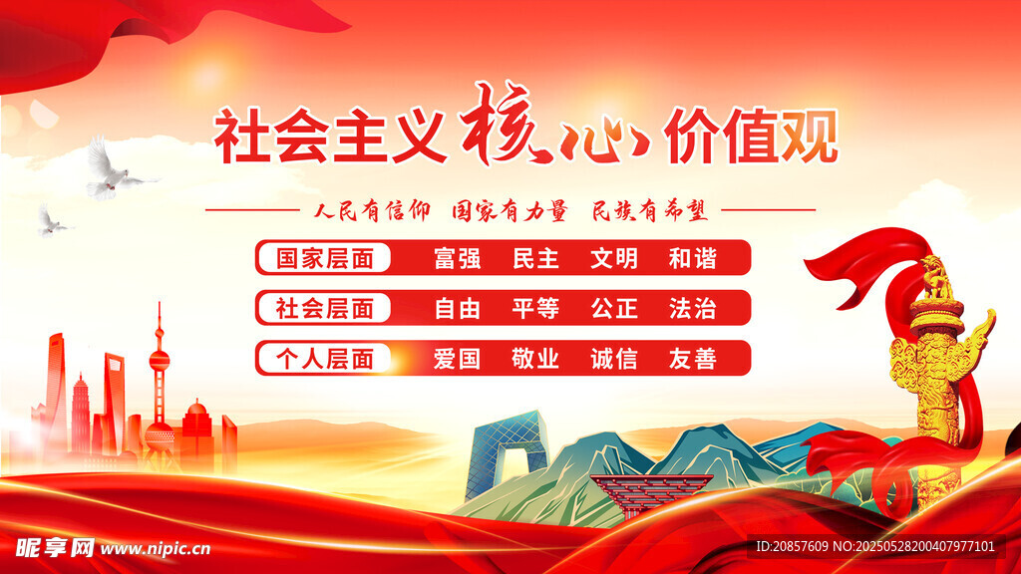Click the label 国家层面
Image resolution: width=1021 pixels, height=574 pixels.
(x=324, y=258)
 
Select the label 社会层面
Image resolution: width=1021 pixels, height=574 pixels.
(x=324, y=309)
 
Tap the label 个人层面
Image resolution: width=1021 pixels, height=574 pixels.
(x=324, y=359)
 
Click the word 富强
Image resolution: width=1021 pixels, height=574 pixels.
(x=457, y=258)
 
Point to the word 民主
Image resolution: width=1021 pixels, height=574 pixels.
(x=535, y=258)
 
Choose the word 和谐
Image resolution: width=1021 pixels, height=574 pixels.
(x=693, y=258)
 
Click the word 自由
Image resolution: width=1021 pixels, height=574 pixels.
(x=457, y=309)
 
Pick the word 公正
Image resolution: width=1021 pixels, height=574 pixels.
(x=614, y=309)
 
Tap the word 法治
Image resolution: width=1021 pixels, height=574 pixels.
(x=693, y=309)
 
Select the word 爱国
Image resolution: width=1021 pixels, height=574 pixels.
(x=457, y=359)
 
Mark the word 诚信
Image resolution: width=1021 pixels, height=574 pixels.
(x=614, y=359)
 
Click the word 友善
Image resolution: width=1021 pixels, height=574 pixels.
(x=693, y=359)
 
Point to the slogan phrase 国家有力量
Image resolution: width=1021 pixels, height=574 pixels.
(x=510, y=211)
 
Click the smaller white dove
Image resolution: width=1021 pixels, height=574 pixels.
(x=52, y=221)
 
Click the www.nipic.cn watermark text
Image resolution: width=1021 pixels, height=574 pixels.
(x=156, y=549)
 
